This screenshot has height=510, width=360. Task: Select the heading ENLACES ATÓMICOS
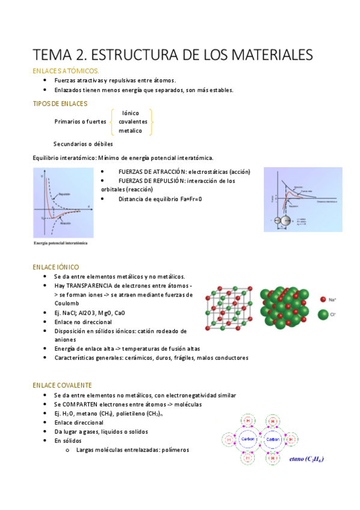coord(66,71)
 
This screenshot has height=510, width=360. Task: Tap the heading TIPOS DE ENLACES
coord(59,104)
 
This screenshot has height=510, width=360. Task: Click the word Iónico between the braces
coord(131,113)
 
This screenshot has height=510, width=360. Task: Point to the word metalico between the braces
coord(130,131)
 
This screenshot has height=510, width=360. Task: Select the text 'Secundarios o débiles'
coord(83,144)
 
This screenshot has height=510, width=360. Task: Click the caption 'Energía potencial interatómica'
coord(60,244)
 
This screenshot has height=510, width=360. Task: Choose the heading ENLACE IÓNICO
coord(55,266)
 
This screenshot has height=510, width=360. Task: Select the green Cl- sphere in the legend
coord(324,314)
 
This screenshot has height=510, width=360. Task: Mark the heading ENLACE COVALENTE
coord(62,385)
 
